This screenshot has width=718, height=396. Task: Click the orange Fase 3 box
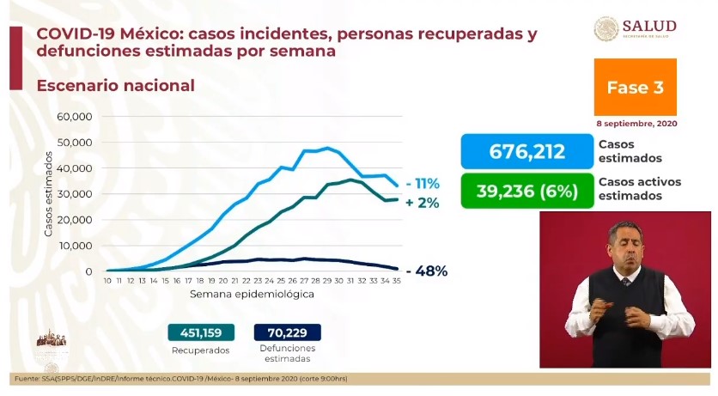click(x=635, y=87)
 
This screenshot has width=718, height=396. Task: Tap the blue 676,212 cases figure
click(x=526, y=152)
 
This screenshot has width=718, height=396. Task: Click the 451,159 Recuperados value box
click(x=199, y=332)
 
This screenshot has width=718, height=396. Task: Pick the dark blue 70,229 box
click(x=287, y=332)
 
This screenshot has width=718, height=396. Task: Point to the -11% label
click(x=423, y=183)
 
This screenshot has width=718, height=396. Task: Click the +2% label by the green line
click(x=423, y=203)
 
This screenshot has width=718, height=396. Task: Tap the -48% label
click(x=427, y=271)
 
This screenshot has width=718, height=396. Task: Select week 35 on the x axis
click(x=396, y=281)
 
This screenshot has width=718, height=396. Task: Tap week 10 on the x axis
click(x=107, y=281)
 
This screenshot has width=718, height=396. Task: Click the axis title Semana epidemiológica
click(x=252, y=294)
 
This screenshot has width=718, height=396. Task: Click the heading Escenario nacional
click(x=115, y=86)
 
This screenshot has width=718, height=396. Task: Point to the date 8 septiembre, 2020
click(x=635, y=123)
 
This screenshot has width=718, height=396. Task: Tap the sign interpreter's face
click(x=624, y=241)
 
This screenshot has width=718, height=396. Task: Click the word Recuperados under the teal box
click(x=199, y=350)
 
